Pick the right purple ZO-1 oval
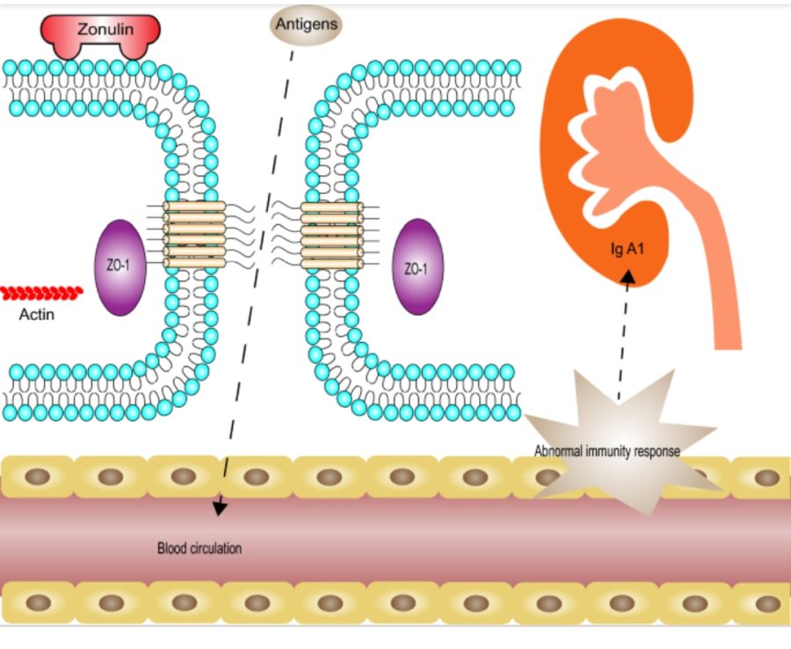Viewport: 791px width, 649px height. [417, 267]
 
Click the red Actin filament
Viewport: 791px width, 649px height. [41, 292]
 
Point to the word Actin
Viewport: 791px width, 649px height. [37, 313]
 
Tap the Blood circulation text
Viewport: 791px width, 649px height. [199, 548]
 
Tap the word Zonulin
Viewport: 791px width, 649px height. [105, 29]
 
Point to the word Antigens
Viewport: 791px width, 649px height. [306, 25]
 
